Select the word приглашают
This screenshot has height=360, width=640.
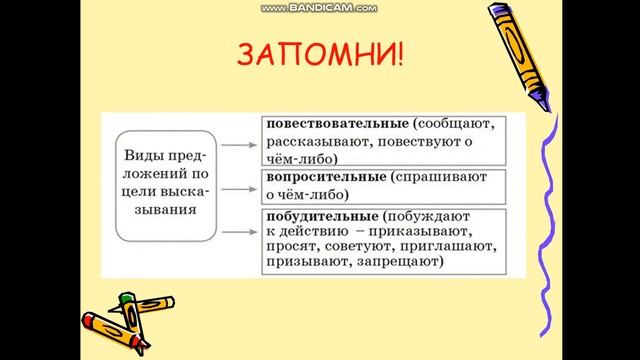[x=456, y=245]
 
